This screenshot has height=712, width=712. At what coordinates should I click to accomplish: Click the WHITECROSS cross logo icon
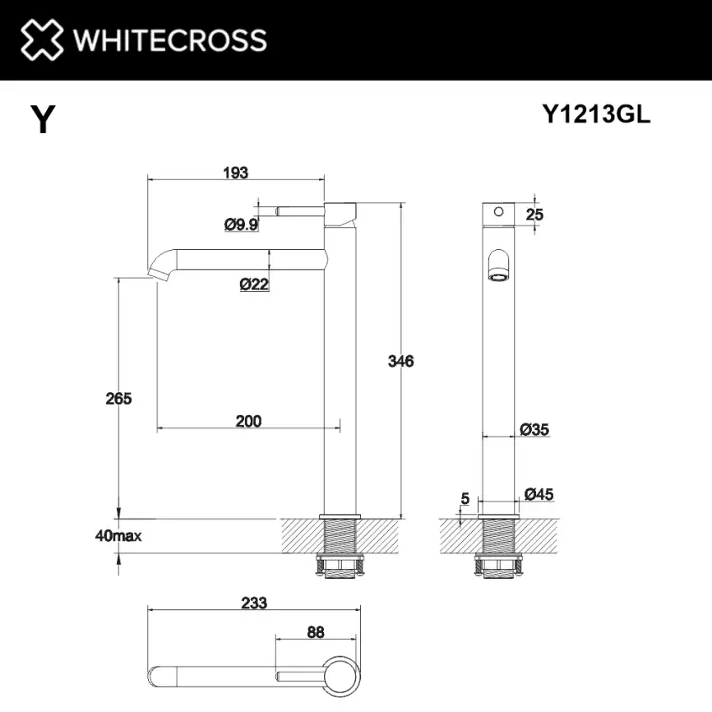click(x=40, y=39)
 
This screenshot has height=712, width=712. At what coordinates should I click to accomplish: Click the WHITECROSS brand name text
click(x=169, y=39)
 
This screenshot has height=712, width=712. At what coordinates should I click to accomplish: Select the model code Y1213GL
click(x=596, y=115)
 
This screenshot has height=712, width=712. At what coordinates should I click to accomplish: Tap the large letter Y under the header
click(x=43, y=120)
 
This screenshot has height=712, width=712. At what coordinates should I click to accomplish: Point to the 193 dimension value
click(x=236, y=173)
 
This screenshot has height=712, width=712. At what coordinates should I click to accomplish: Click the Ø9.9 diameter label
click(x=241, y=224)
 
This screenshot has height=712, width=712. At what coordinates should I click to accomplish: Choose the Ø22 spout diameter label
click(x=254, y=284)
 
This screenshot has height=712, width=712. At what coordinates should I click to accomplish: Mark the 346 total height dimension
click(x=401, y=360)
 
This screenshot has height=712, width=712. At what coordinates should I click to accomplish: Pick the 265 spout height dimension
click(x=118, y=398)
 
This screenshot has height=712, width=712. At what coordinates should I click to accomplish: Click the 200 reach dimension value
click(x=248, y=421)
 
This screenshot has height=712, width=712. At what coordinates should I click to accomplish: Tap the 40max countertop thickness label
click(x=118, y=536)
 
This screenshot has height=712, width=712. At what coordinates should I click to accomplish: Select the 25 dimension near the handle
click(x=534, y=214)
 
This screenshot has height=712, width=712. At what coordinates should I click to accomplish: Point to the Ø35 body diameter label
click(x=534, y=428)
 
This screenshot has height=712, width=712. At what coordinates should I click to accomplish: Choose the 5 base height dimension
click(x=465, y=497)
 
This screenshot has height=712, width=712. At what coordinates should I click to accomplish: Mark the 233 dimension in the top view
click(x=255, y=603)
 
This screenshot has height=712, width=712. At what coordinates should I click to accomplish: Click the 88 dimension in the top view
click(x=315, y=632)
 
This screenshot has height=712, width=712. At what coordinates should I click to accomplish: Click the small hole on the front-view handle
click(x=497, y=211)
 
